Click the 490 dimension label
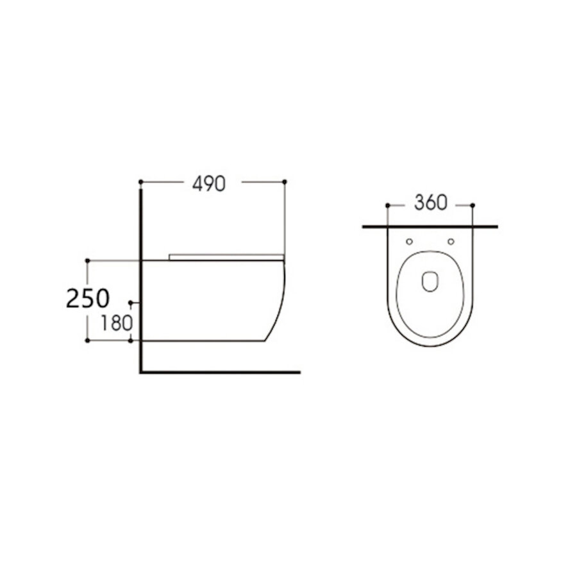(x=209, y=183)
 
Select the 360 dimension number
(x=430, y=203)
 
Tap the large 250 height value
(x=88, y=299)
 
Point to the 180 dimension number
(x=116, y=322)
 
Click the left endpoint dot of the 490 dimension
(x=140, y=182)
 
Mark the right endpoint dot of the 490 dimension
(x=285, y=182)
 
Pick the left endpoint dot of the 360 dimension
(x=387, y=205)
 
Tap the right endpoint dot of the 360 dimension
(x=473, y=205)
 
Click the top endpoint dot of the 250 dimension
(x=87, y=260)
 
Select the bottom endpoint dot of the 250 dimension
(x=87, y=341)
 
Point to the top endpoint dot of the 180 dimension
(x=131, y=301)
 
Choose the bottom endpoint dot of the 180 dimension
(x=131, y=341)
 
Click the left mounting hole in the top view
(x=409, y=242)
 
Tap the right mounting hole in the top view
(x=451, y=242)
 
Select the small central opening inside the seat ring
(x=430, y=282)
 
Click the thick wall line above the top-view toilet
(x=430, y=227)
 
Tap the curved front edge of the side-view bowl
(x=281, y=301)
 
